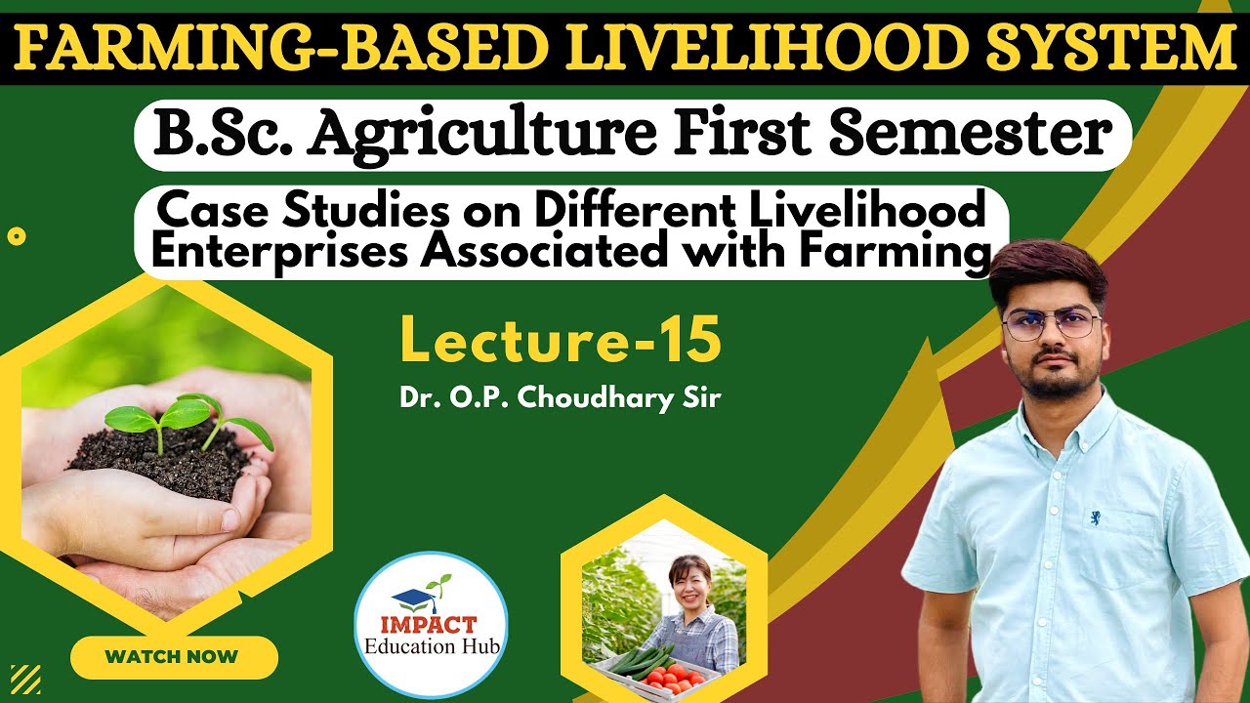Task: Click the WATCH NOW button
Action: point(173,656)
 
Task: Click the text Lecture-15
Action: point(561,342)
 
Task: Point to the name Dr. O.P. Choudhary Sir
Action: point(560,398)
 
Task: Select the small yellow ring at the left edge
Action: point(16,236)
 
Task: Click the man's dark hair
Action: point(1046,269)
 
